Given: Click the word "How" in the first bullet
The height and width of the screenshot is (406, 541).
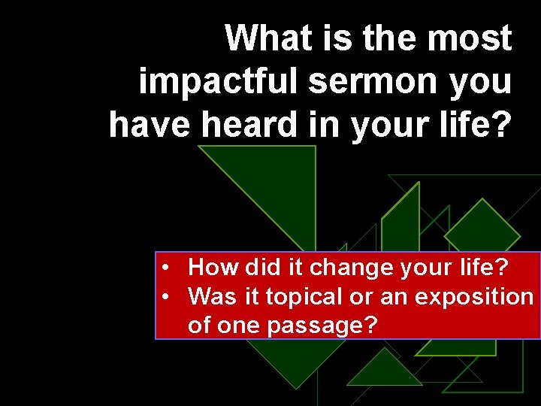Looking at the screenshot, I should (208, 267).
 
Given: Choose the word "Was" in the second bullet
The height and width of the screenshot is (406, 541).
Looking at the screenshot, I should (210, 297).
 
